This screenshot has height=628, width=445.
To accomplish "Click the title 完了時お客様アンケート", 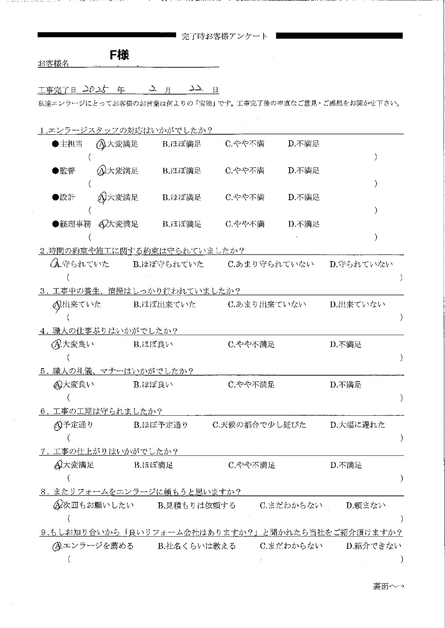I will (x=225, y=36).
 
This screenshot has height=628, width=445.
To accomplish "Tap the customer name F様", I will (x=119, y=55).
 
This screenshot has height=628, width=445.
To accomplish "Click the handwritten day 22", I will (x=197, y=89).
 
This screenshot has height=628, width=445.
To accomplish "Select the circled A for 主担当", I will (x=101, y=144).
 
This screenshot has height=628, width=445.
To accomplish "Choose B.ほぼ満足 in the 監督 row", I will (x=182, y=171).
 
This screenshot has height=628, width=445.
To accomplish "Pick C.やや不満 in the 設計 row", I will (x=245, y=197).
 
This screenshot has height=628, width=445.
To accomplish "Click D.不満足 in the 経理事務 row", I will (x=303, y=224).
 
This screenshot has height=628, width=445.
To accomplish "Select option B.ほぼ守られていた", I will (x=168, y=264).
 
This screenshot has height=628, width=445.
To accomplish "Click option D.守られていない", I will (x=361, y=264).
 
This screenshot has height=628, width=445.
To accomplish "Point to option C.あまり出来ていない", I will (x=267, y=304).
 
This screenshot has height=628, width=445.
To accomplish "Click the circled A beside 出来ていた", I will (x=57, y=305).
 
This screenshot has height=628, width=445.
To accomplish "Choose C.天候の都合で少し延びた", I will (x=259, y=425).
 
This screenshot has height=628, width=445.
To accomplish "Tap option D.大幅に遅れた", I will (x=358, y=425).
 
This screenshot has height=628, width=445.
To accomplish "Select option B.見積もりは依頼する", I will (x=197, y=506).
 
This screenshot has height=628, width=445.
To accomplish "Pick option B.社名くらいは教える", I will (x=197, y=546).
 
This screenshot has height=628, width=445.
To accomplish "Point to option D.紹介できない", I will (x=373, y=546).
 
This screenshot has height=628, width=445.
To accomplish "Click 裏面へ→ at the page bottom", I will (x=388, y=586).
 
